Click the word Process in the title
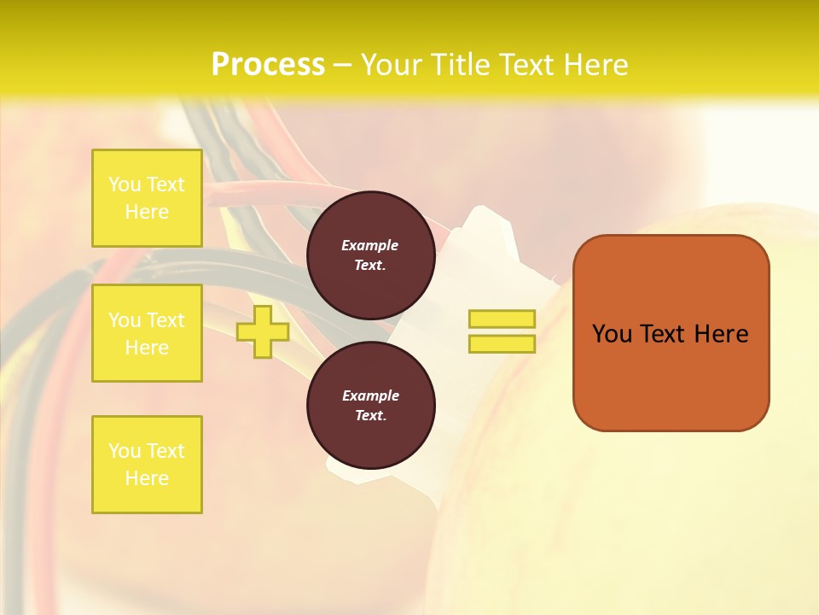pos(268,65)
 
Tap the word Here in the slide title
pos(593,65)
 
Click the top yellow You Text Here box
pos(147,198)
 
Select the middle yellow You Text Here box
pos(147,333)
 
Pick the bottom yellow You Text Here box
pos(147,465)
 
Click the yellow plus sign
pos(262,331)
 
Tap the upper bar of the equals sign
pos(502,319)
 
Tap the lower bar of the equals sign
pos(502,343)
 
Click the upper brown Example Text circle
pos(370,255)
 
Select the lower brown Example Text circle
pos(370,405)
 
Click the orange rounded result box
pos(671,333)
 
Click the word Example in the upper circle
pos(370,245)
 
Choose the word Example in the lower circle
pos(370,395)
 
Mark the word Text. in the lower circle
pos(370,416)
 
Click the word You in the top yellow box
pos(125,184)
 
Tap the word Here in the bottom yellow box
pos(147,478)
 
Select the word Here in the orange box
pos(721,334)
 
